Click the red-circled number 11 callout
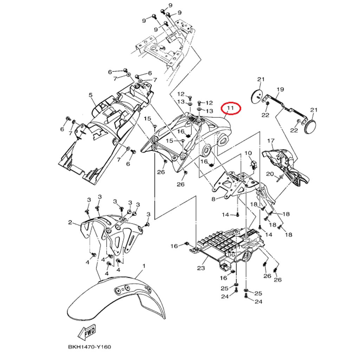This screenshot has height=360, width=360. (x=230, y=108)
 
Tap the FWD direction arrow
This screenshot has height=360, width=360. (x=86, y=331)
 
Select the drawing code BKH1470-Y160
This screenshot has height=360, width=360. (x=89, y=347)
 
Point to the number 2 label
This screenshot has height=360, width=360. (x=70, y=223)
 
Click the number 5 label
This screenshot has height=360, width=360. (x=90, y=95)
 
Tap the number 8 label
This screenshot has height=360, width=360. (x=213, y=199)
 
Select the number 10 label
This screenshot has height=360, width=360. (x=248, y=153)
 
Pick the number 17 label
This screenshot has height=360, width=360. (x=270, y=141)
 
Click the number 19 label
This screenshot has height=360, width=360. (x=280, y=90)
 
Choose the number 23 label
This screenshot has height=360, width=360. (x=201, y=268)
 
